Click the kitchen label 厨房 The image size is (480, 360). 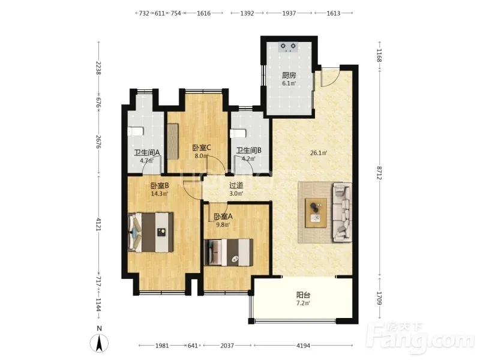tap(289, 75)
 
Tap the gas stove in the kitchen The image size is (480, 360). tap(289, 47)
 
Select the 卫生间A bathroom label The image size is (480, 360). tap(147, 152)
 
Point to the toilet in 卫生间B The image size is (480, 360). tap(238, 133)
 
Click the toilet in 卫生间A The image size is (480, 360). tap(135, 131)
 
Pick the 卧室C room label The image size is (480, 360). tap(202, 148)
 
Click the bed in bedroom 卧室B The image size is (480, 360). tap(151, 232)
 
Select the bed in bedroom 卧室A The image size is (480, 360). tap(229, 252)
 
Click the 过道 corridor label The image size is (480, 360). tap(236, 185)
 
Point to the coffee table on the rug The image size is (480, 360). tap(316, 213)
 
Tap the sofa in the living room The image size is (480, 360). tap(342, 211)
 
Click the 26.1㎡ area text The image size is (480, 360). tap(319, 152)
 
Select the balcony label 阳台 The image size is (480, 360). tap(304, 295)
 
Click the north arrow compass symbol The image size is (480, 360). tap(99, 343)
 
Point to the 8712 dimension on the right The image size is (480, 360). tap(380, 173)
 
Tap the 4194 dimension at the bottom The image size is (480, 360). tap(303, 346)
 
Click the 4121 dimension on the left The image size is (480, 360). tap(98, 224)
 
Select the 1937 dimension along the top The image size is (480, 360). tap(289, 13)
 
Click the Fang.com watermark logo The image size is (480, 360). tap(423, 337)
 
